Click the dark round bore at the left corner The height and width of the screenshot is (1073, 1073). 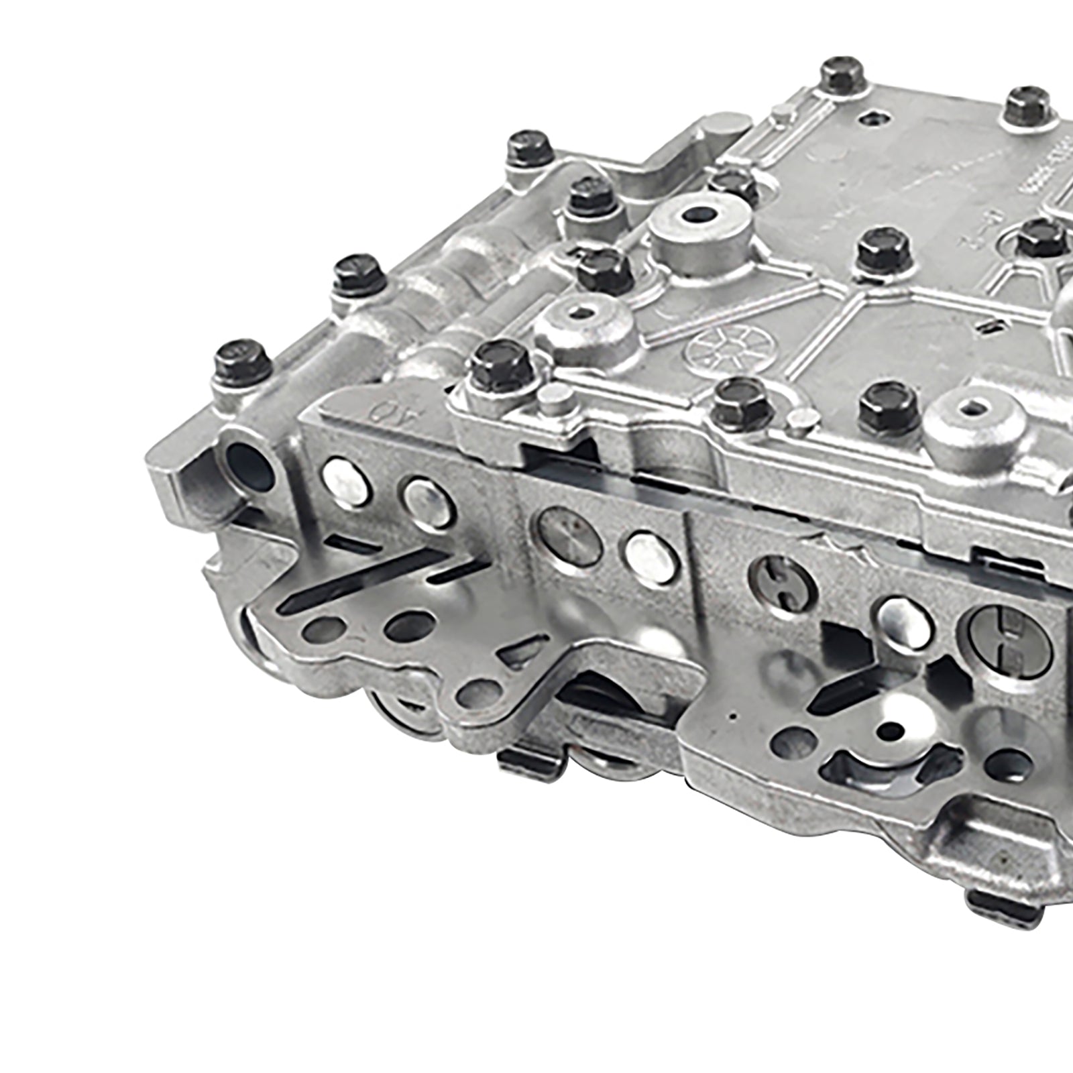pyautogui.click(x=247, y=464)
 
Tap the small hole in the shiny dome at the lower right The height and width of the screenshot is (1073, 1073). pyautogui.click(x=893, y=728)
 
